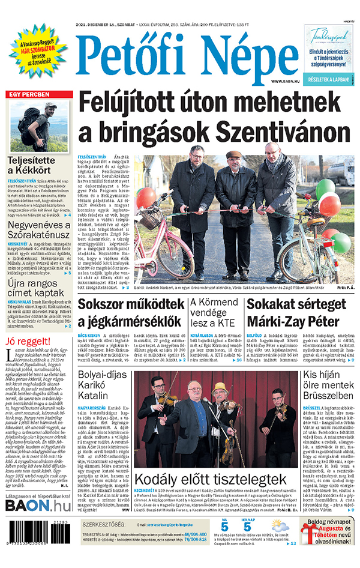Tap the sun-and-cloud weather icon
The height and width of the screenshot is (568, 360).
point(277,528)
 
